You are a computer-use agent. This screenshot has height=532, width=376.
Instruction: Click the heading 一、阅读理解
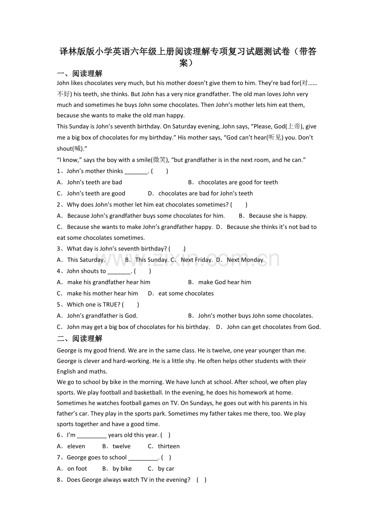tap(80, 74)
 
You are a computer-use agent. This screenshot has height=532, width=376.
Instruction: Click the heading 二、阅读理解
tap(80, 338)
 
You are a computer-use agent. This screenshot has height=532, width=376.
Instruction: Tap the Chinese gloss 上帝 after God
tap(294, 126)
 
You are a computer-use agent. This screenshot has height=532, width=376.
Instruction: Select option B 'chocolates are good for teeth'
tap(238, 182)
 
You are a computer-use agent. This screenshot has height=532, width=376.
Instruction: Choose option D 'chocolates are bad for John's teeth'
tap(206, 193)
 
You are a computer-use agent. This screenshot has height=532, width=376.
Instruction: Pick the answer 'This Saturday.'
tap(86, 259)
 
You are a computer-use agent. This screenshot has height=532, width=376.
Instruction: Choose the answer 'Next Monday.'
tap(246, 259)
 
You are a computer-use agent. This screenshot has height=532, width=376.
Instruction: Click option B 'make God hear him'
tap(225, 282)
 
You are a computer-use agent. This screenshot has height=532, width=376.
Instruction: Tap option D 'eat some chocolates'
tap(186, 293)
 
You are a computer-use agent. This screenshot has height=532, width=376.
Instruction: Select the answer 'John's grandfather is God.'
tap(102, 315)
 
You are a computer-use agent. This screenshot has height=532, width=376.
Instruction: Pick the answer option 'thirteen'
tap(169, 446)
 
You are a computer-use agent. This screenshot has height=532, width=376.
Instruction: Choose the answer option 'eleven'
tap(76, 446)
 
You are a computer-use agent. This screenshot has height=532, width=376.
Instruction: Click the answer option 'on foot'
tap(77, 469)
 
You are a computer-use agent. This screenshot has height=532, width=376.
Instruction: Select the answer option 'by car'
tap(166, 469)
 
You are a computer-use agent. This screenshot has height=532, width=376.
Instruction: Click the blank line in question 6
tap(92, 436)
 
